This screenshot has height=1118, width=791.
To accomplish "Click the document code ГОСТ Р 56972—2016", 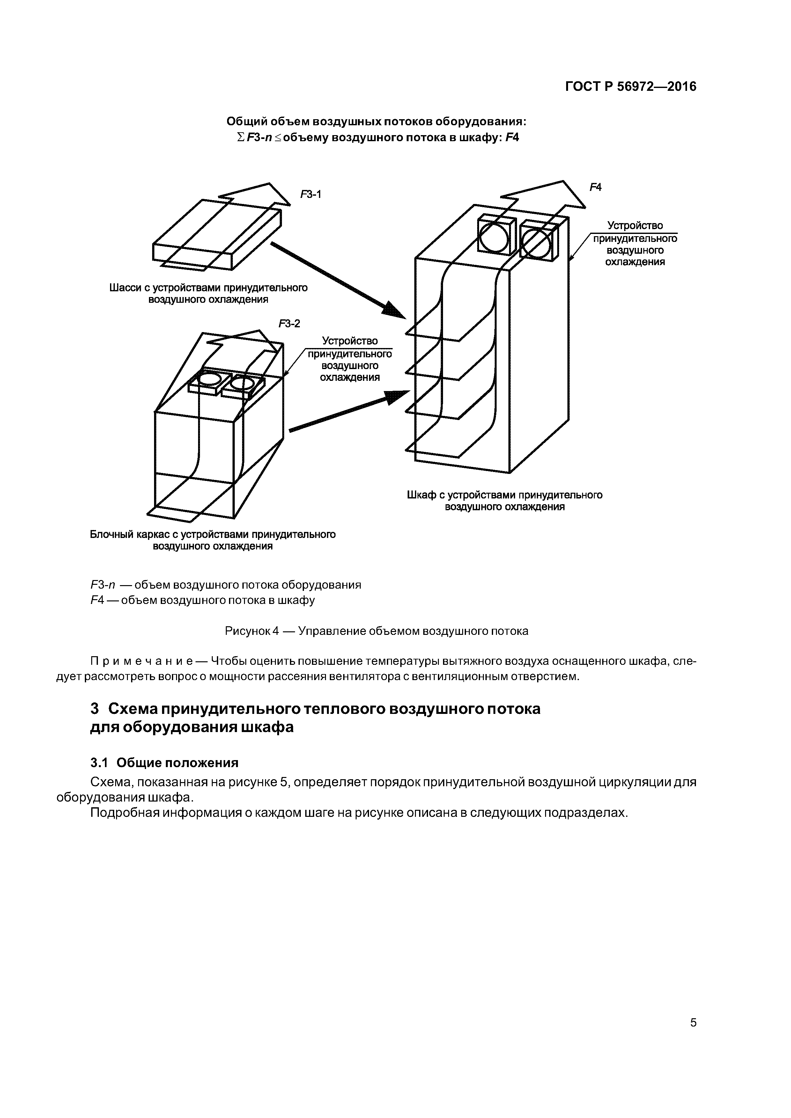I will [x=631, y=87].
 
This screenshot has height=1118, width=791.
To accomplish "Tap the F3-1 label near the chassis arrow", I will [x=310, y=195].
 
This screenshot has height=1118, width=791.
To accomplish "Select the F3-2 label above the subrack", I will [x=290, y=323].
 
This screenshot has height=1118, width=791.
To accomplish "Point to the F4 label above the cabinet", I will [x=595, y=187].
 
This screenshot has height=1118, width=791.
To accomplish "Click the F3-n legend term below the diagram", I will [x=101, y=585].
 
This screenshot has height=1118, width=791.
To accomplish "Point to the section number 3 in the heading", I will [x=95, y=709].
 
